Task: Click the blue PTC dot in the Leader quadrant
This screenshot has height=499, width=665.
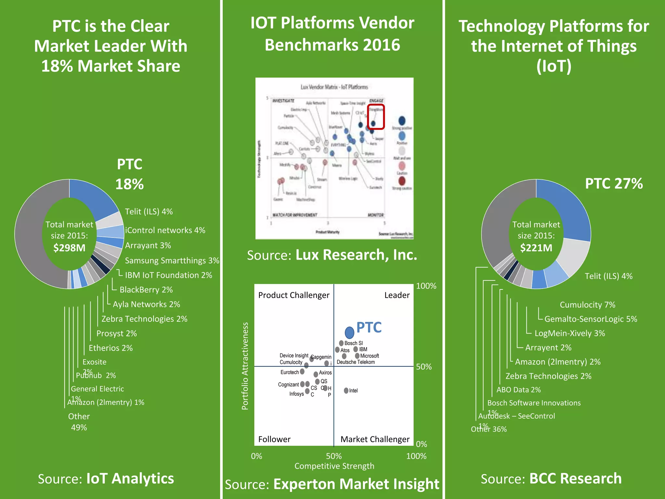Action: click(349, 332)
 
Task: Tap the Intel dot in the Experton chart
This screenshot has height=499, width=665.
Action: click(346, 390)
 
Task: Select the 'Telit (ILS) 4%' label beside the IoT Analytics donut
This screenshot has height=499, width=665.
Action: click(149, 211)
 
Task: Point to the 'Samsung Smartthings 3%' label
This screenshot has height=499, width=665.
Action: click(172, 261)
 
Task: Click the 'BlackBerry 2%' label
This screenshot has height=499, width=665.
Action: click(146, 289)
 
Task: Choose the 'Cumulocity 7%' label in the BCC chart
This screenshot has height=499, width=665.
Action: click(587, 305)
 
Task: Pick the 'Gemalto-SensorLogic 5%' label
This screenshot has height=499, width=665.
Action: click(591, 319)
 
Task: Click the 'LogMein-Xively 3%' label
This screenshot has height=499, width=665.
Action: click(570, 333)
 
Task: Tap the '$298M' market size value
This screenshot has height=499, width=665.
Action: click(69, 248)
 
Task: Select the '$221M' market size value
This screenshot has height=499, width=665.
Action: click(536, 248)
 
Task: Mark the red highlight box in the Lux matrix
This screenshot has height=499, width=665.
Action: click(376, 117)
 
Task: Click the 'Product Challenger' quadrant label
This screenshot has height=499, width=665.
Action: click(294, 295)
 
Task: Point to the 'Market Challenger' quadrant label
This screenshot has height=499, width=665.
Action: click(375, 439)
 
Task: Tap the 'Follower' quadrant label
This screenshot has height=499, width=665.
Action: click(274, 439)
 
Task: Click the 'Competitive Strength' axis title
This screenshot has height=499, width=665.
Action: click(334, 466)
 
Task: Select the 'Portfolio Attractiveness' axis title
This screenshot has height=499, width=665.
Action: click(245, 366)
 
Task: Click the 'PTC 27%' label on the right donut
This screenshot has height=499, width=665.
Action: click(614, 184)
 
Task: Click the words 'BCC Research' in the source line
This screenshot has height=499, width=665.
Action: click(575, 479)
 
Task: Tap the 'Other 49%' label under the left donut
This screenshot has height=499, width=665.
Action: click(79, 422)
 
